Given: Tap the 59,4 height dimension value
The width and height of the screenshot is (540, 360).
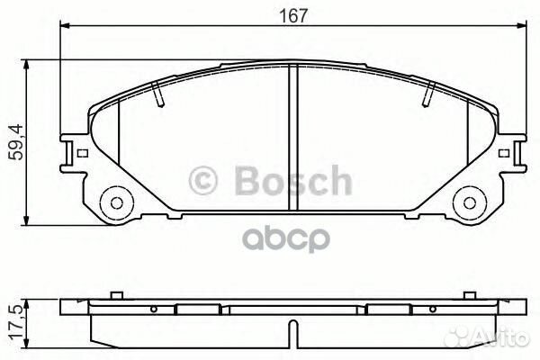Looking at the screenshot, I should tap(12, 142).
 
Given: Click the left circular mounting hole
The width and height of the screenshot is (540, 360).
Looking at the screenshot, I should tap(112, 200).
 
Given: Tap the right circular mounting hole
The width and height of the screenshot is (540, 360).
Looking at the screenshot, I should tap(467, 200).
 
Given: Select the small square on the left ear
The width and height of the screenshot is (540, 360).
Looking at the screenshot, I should tap(83, 154).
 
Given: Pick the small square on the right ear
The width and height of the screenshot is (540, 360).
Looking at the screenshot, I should tap(499, 154).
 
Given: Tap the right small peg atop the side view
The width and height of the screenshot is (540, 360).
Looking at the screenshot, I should tap(469, 296).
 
